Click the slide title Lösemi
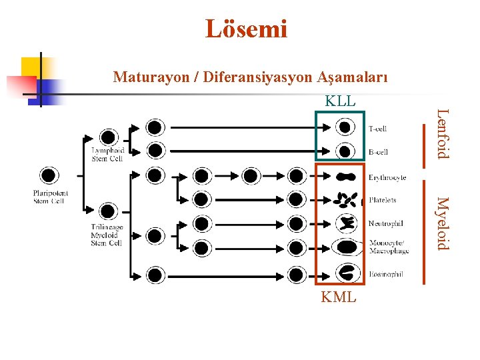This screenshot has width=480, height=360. [x=246, y=29]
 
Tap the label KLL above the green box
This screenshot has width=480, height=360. [x=340, y=101]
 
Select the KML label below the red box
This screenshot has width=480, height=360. [x=339, y=297]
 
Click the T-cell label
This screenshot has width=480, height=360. [x=378, y=129]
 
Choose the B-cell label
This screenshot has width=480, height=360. [x=378, y=153]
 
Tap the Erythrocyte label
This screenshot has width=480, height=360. [x=387, y=178]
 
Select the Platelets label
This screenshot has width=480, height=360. [x=383, y=200]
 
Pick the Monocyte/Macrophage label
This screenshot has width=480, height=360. [x=389, y=247]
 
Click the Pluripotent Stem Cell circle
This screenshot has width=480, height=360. [x=49, y=175]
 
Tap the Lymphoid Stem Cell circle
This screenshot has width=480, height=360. [x=107, y=137]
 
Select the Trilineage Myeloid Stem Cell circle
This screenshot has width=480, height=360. [x=107, y=212]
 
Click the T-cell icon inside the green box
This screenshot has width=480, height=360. [x=344, y=127]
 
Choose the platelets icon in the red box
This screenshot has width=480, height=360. [x=345, y=199]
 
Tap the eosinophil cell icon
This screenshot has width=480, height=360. [x=347, y=273]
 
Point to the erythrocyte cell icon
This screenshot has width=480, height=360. [x=345, y=177]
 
